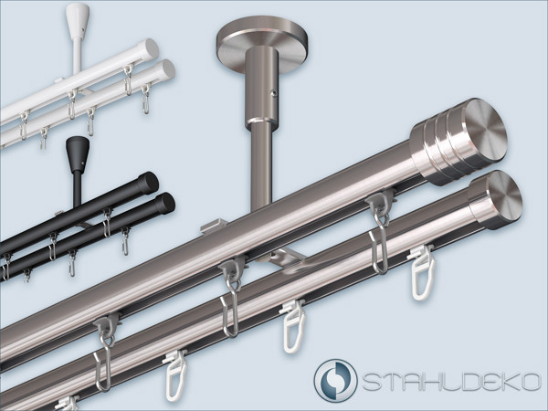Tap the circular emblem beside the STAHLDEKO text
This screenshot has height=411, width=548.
[x=335, y=380]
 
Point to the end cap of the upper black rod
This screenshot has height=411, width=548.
[x=150, y=182]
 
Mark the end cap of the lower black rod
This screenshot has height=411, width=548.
[x=165, y=202]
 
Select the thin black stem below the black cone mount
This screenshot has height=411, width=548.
[x=78, y=187]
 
